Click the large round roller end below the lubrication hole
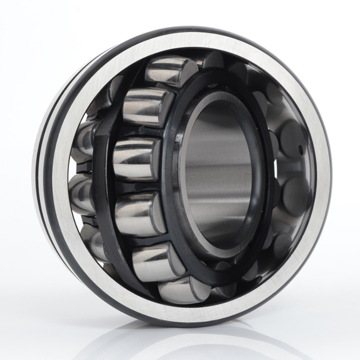295,189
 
